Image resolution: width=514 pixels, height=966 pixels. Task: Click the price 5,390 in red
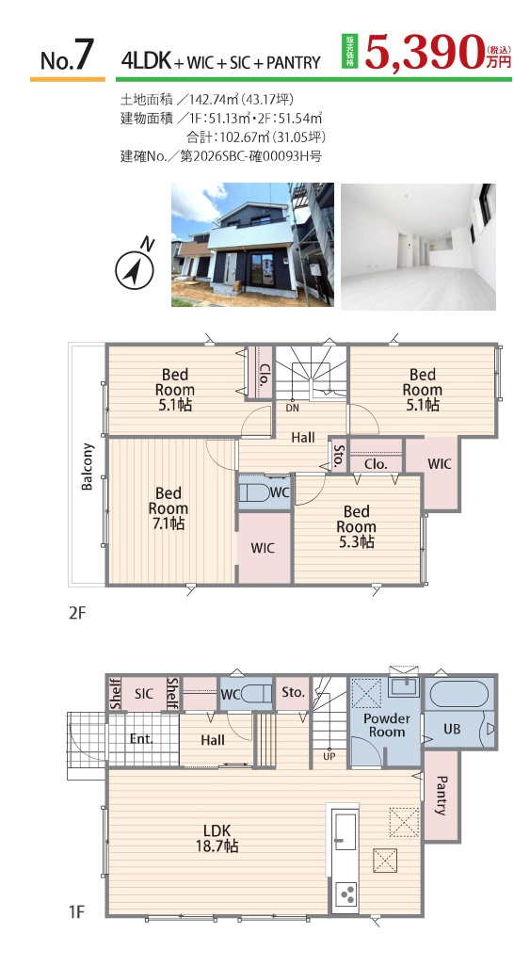coord(425,51)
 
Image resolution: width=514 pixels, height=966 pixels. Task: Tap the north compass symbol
coord(134,266)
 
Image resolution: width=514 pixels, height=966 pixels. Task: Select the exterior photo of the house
coord(252,245)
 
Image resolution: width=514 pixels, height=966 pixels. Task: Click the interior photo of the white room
coord(419,246)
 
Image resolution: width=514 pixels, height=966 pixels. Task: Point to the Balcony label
coord(88,466)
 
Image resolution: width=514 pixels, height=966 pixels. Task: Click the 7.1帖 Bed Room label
coord(169,508)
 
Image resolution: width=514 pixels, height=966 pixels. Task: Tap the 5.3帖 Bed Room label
coord(356,526)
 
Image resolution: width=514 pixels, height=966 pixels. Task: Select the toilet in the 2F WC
coord(255,492)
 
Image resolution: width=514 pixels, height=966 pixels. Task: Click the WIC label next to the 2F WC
coord(263,547)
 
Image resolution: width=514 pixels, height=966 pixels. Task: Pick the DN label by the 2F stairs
coord(292,408)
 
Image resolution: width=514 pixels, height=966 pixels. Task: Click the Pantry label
coord(441,795)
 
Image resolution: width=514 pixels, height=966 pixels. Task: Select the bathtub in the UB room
coord(459,695)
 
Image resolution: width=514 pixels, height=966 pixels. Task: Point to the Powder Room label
coord(387,725)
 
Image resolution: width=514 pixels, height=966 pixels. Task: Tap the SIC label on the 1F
coord(144,693)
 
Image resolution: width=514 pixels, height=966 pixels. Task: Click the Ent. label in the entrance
coord(141,739)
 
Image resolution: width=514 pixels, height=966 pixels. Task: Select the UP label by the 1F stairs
coord(329,756)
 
